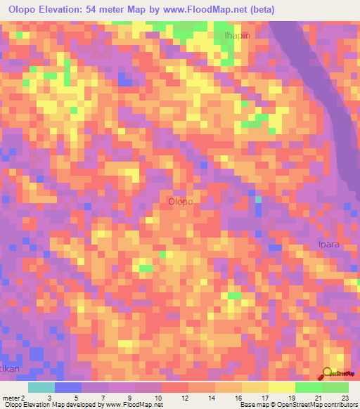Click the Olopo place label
tap(181, 202)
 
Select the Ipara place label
tap(327, 247)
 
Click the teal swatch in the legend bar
tap(41, 387)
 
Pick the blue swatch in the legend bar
tap(68, 387)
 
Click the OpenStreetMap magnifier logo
tap(327, 374)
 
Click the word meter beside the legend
tap(10, 397)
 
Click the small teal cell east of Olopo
tap(258, 200)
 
